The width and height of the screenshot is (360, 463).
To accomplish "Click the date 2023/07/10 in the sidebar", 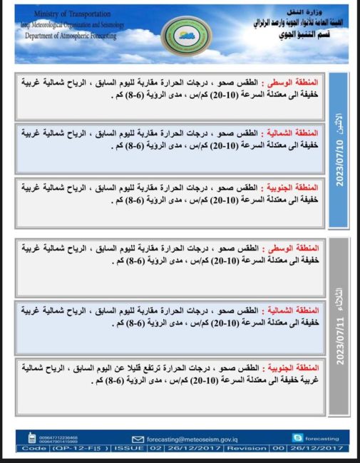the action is click(339, 161).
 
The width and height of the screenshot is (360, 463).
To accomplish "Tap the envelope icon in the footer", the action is click(138, 439).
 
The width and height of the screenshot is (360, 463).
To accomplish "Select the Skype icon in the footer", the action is click(297, 437).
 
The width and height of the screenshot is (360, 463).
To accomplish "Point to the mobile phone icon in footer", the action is click(32, 438).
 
